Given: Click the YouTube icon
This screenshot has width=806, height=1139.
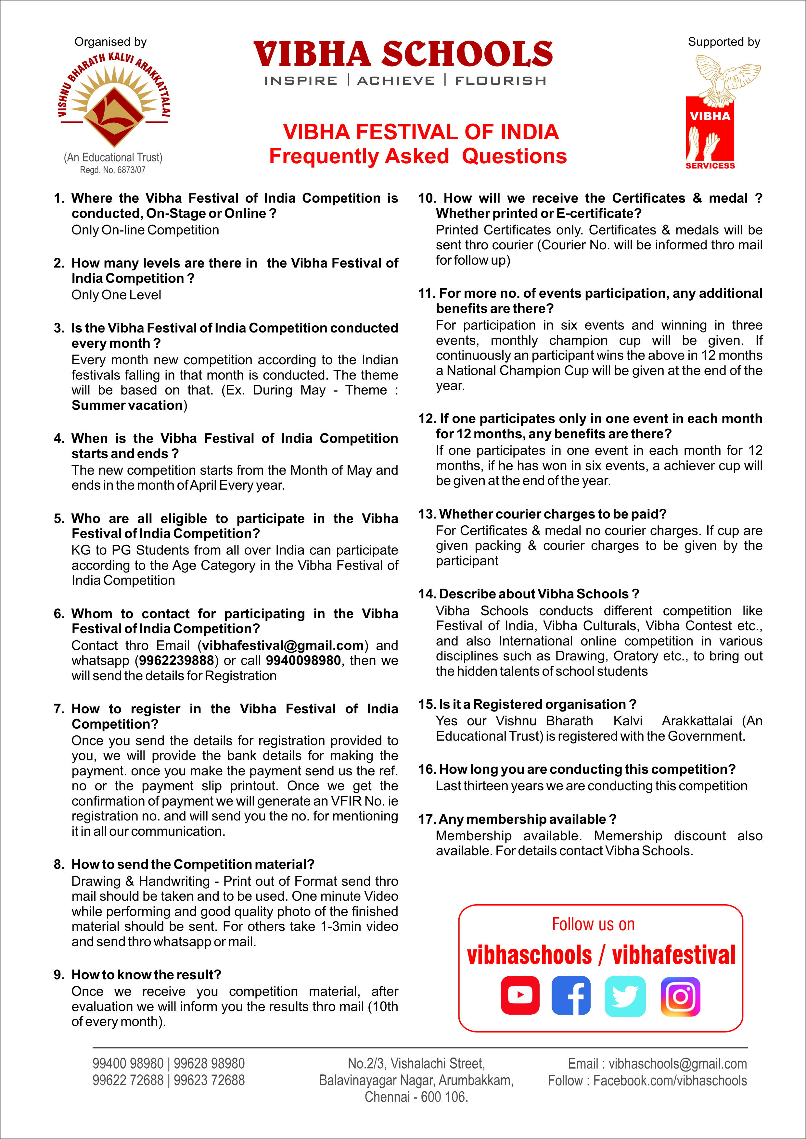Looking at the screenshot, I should tap(520, 995).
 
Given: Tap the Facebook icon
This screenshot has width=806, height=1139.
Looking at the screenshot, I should tap(571, 995).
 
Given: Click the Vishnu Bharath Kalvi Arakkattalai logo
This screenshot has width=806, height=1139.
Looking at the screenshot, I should tap(114, 99).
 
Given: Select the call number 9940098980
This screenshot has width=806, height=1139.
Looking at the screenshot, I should tap(303, 661).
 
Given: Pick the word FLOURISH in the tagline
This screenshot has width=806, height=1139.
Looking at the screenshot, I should tap(500, 81).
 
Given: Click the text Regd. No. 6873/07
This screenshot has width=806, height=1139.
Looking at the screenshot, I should tap(113, 170).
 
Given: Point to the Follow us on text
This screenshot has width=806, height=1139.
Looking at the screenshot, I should tap(593, 925).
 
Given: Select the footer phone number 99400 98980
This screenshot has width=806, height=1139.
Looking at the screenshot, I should tap(128, 1064).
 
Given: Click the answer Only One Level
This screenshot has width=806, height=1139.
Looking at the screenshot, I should tap(116, 295).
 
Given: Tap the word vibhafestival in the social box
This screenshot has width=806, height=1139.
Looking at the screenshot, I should tap(673, 956).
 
